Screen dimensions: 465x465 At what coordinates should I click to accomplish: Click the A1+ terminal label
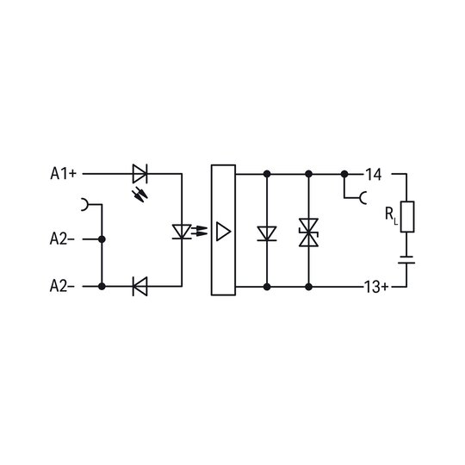[63, 173]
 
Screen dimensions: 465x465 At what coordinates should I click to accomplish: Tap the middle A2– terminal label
[62, 239]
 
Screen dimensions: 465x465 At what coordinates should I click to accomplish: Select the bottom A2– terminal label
[62, 286]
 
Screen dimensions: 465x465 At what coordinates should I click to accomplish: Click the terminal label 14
[374, 175]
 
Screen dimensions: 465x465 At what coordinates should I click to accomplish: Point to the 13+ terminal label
[376, 287]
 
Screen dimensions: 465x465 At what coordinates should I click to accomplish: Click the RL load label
[391, 215]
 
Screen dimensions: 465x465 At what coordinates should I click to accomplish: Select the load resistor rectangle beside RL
[407, 216]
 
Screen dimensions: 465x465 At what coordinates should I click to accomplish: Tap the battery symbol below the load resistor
[406, 259]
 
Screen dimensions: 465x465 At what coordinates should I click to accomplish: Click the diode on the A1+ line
[140, 173]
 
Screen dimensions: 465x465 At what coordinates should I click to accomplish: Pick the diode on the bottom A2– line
[140, 286]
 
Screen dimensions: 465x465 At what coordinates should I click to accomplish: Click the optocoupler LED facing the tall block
[182, 232]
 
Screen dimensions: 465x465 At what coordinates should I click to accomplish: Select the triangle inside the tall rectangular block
[223, 232]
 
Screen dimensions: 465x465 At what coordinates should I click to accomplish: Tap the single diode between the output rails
[267, 233]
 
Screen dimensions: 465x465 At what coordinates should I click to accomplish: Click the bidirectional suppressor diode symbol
[309, 232]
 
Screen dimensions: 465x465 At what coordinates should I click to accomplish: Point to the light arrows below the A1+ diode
[139, 195]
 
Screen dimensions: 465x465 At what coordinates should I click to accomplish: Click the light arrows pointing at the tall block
[199, 231]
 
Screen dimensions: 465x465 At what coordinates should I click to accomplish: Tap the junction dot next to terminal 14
[344, 174]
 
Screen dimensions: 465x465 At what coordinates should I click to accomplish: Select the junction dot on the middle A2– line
[102, 239]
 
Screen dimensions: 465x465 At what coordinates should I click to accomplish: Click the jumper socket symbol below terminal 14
[363, 198]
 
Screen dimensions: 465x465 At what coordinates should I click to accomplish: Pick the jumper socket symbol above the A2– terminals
[85, 204]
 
